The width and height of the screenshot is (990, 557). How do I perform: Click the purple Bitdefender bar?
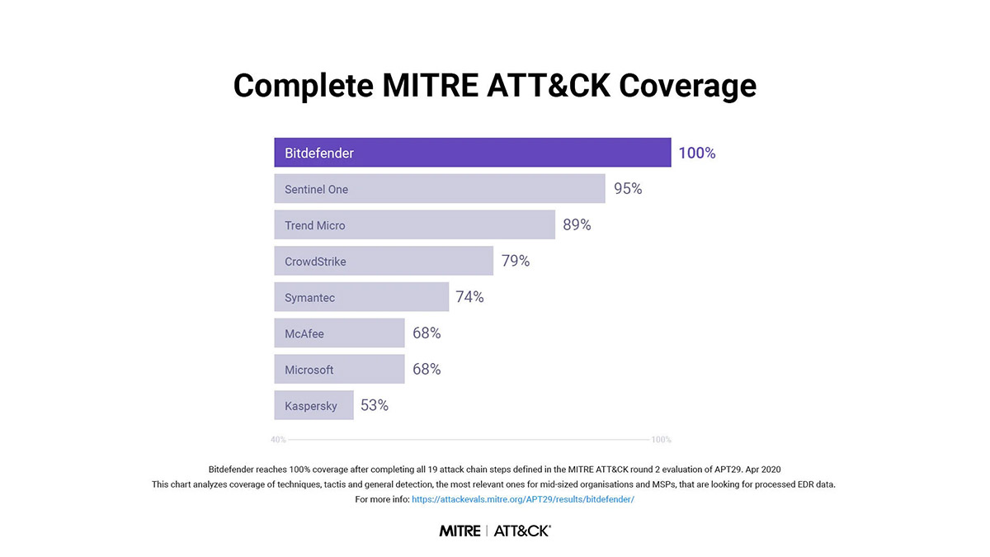[x=473, y=153]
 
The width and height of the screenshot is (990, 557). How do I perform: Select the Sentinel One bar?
[x=439, y=189]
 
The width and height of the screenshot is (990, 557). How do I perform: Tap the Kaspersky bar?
[x=313, y=405]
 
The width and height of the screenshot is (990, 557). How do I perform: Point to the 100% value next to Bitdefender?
[x=697, y=153]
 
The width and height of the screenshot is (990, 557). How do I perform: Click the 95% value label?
[x=628, y=189]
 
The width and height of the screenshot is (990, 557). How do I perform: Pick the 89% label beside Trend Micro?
[x=577, y=225]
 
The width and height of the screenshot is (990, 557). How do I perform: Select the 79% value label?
[x=516, y=261]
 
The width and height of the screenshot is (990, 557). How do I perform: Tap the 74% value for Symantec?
[x=469, y=297]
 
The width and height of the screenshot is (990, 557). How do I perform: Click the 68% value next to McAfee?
[x=427, y=333]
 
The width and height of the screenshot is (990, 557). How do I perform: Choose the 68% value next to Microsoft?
[x=427, y=369]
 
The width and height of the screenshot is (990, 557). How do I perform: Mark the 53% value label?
[x=375, y=405]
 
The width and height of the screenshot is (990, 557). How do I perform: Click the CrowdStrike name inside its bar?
[x=315, y=262]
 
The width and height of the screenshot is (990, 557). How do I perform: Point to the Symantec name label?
[x=309, y=298]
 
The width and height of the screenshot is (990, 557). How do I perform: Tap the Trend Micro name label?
[x=314, y=225]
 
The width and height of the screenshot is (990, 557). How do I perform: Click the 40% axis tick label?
[x=279, y=439]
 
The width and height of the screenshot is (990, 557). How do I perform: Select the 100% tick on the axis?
[x=661, y=439]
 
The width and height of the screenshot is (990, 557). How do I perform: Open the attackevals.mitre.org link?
[x=523, y=499]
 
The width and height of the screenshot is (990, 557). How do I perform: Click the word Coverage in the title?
[x=688, y=86]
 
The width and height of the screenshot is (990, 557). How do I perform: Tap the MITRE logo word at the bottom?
[x=460, y=531]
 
